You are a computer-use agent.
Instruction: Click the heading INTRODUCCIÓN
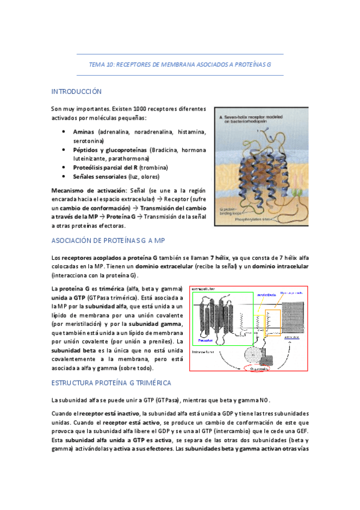point(76,92)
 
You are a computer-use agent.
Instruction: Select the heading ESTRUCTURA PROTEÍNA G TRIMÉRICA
point(111,382)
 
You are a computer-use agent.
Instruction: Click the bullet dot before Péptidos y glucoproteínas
point(64,149)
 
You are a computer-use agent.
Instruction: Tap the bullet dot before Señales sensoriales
point(64,177)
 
